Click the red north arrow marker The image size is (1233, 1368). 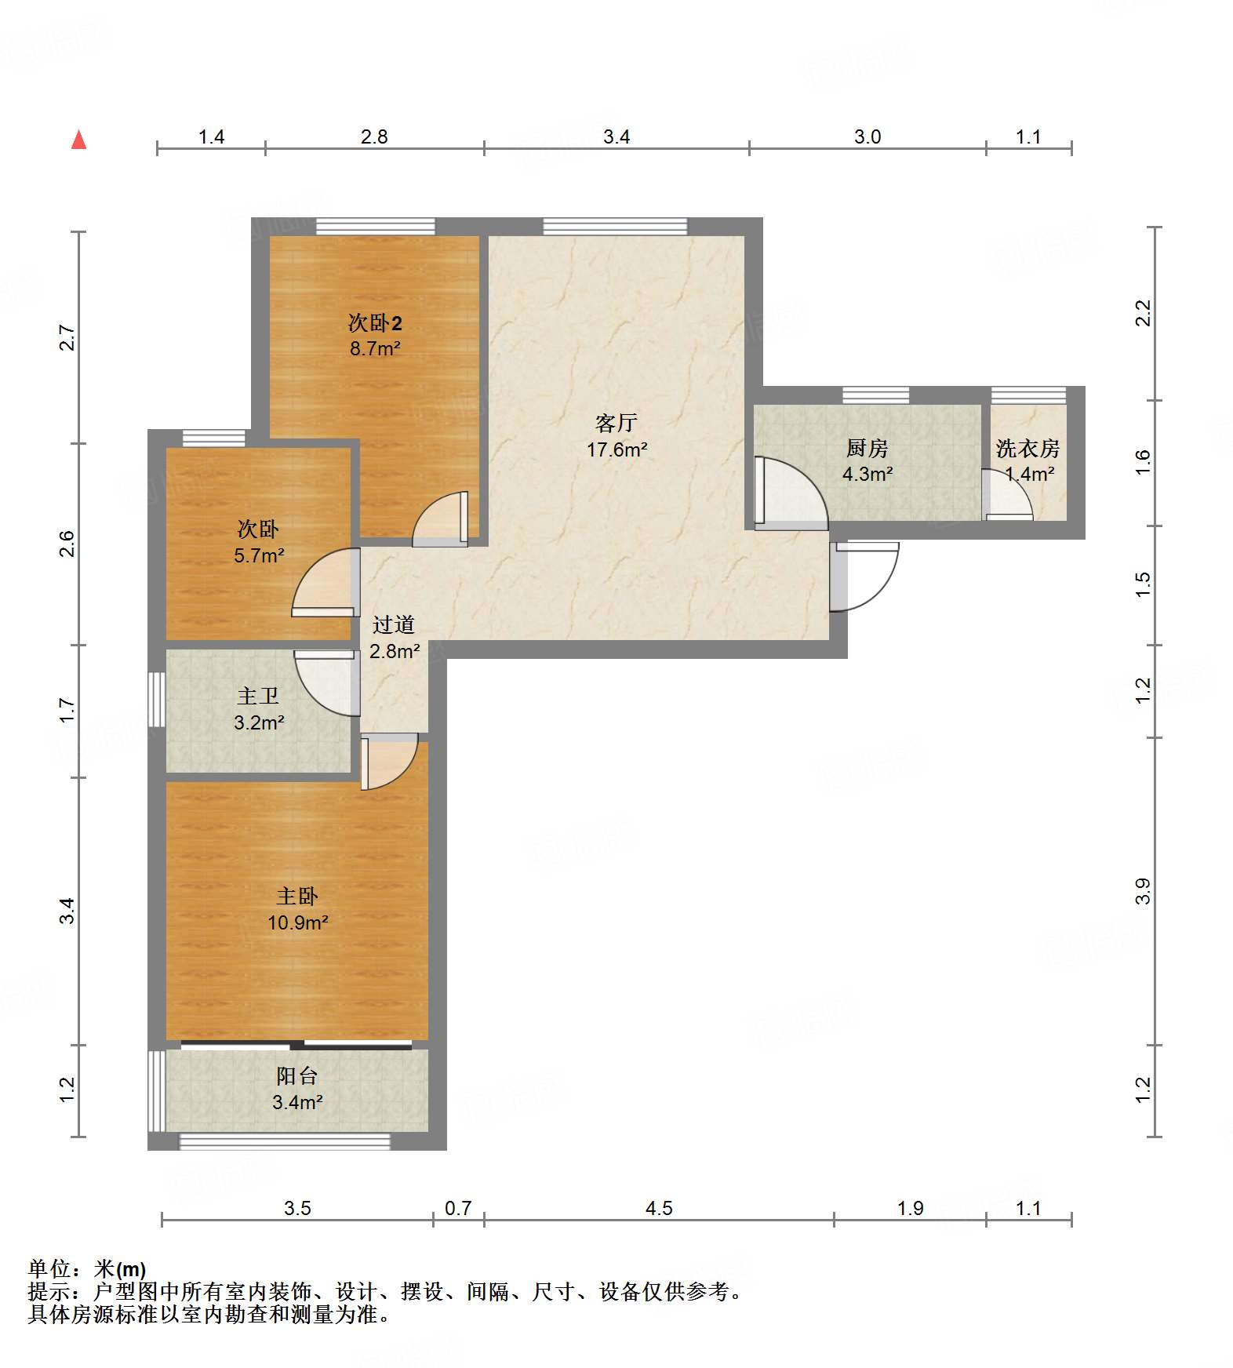pos(78,140)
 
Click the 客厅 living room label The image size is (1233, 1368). pos(616,424)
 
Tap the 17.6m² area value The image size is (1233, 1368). pos(617,449)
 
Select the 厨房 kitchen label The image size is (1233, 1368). pos(867,448)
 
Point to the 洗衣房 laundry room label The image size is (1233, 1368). pos(1028,448)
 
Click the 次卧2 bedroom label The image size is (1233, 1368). pos(375,322)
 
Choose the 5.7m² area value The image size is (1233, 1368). pos(259,555)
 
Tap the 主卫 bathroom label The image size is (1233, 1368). pos(258,696)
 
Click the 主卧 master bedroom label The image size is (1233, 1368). pos(297,896)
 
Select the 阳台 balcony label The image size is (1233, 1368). pos(297,1076)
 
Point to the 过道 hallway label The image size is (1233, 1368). pos(393,624)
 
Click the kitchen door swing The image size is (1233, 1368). pos(791,491)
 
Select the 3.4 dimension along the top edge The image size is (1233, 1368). pos(616,136)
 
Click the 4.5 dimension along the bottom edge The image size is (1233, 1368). pos(659,1208)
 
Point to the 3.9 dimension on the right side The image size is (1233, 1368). pos(1143,891)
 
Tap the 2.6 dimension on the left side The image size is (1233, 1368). pos(67,544)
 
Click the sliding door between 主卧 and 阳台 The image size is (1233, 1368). pos(296,1045)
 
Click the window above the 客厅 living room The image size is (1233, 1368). pos(616,227)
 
